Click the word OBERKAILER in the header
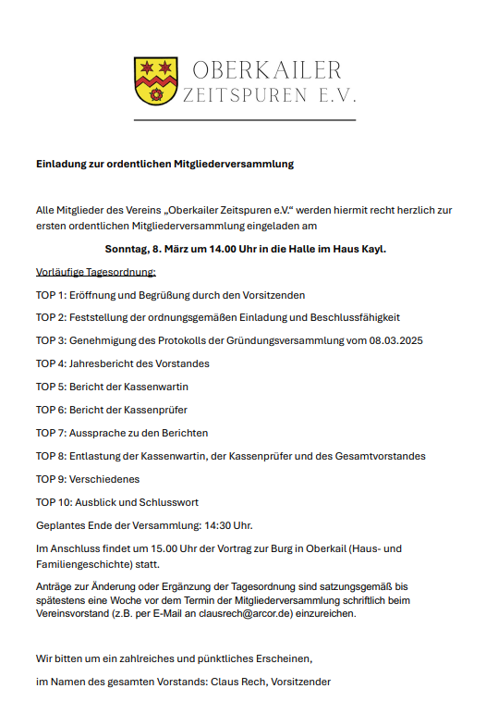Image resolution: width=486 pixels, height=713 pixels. [x=267, y=70]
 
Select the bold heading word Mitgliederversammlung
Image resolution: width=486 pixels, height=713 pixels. [x=241, y=164]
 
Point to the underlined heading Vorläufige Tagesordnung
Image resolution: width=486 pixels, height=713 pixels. [x=96, y=272]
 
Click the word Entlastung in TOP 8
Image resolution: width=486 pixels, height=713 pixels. [x=95, y=456]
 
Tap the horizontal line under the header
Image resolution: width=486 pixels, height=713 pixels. [x=244, y=120]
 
